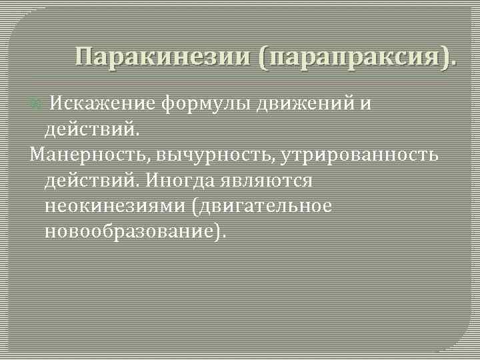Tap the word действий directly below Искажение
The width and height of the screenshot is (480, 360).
[91, 129]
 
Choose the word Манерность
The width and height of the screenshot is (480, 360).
[91, 155]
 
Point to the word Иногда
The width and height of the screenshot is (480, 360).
[179, 180]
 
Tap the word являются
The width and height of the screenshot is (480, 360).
[268, 180]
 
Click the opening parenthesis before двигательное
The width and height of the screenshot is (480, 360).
[194, 206]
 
